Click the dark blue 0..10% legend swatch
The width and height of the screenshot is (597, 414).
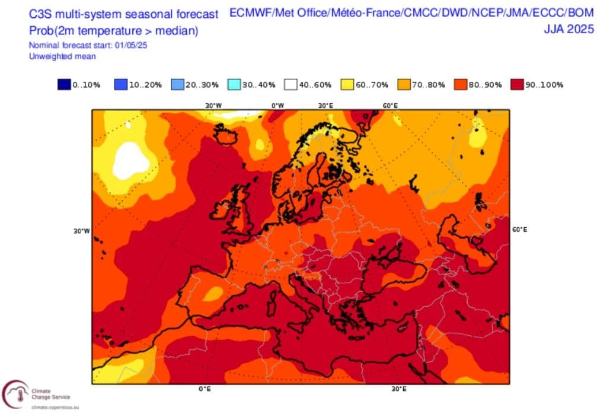tap(63, 85)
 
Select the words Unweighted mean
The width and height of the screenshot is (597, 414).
tap(62, 56)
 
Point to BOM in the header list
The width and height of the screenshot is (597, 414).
tap(579, 12)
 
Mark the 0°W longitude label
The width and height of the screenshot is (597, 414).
tap(277, 106)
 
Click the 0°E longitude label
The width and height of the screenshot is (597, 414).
tap(205, 390)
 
